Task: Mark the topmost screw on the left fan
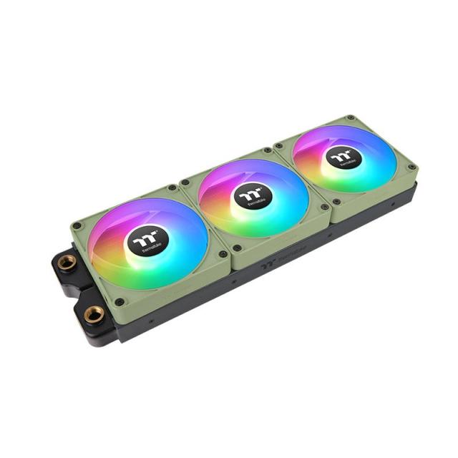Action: point(172,187)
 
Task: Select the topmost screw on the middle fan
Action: point(267,150)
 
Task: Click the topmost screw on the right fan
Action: point(349,117)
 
